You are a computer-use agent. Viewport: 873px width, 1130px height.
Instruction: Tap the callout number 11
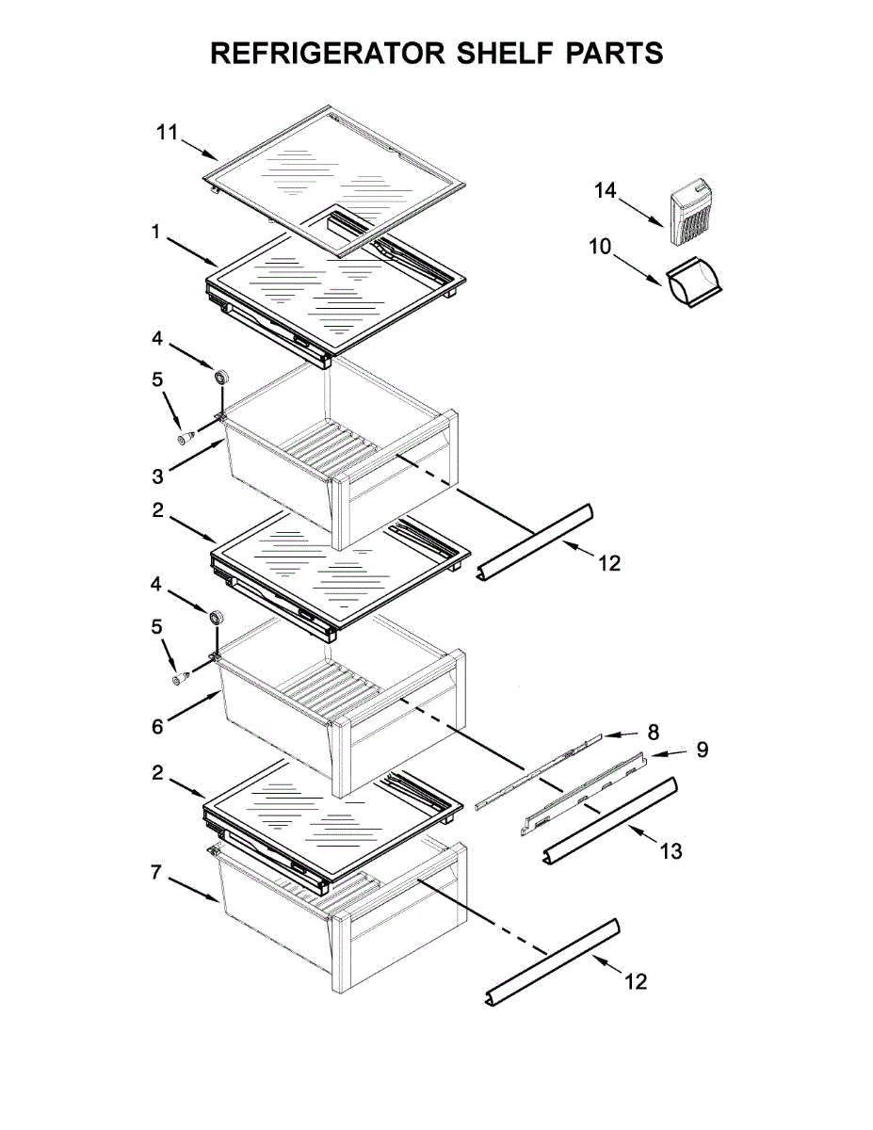(167, 134)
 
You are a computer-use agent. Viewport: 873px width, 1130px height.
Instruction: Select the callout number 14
(605, 191)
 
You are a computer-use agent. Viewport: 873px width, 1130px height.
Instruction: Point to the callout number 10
(601, 248)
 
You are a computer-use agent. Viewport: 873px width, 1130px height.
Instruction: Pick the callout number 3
(159, 475)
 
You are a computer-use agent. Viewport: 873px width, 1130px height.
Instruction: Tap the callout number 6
(157, 725)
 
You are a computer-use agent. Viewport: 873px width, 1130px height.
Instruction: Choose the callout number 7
(157, 873)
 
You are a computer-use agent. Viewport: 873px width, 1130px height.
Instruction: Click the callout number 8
(654, 731)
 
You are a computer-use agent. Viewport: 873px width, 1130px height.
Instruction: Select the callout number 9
(702, 750)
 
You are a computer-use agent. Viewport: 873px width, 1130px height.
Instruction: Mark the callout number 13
(671, 851)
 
